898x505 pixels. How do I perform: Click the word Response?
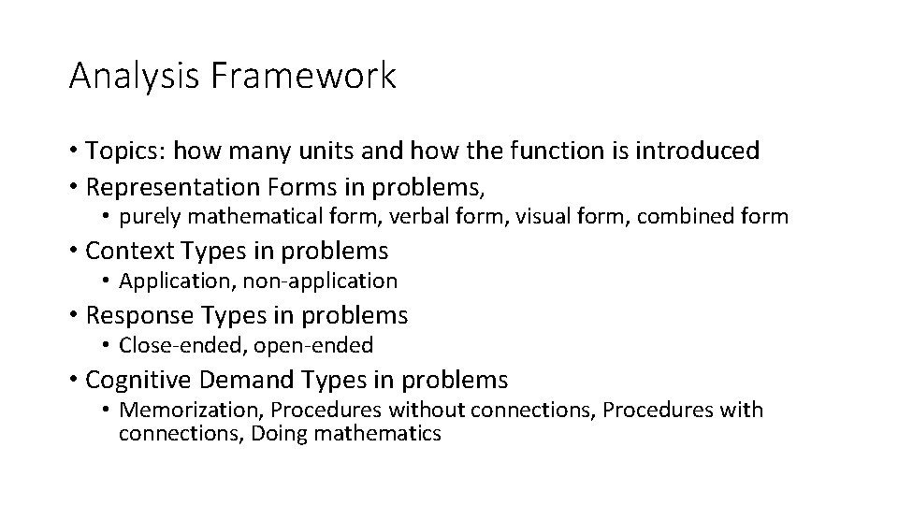pyautogui.click(x=132, y=315)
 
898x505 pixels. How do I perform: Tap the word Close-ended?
pyautogui.click(x=177, y=346)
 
